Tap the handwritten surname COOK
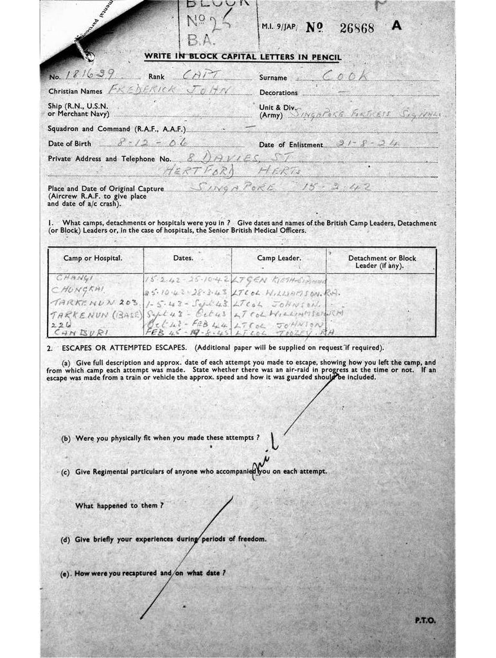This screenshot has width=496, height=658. (346, 76)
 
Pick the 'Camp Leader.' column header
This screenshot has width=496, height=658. (279, 258)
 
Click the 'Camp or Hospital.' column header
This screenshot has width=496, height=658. (93, 258)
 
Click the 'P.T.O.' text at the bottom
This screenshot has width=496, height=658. (425, 620)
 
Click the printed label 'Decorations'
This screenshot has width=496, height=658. (278, 93)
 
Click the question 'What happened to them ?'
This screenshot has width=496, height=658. (119, 506)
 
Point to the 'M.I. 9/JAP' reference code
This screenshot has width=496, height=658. (278, 29)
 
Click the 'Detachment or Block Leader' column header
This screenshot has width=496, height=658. (382, 262)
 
